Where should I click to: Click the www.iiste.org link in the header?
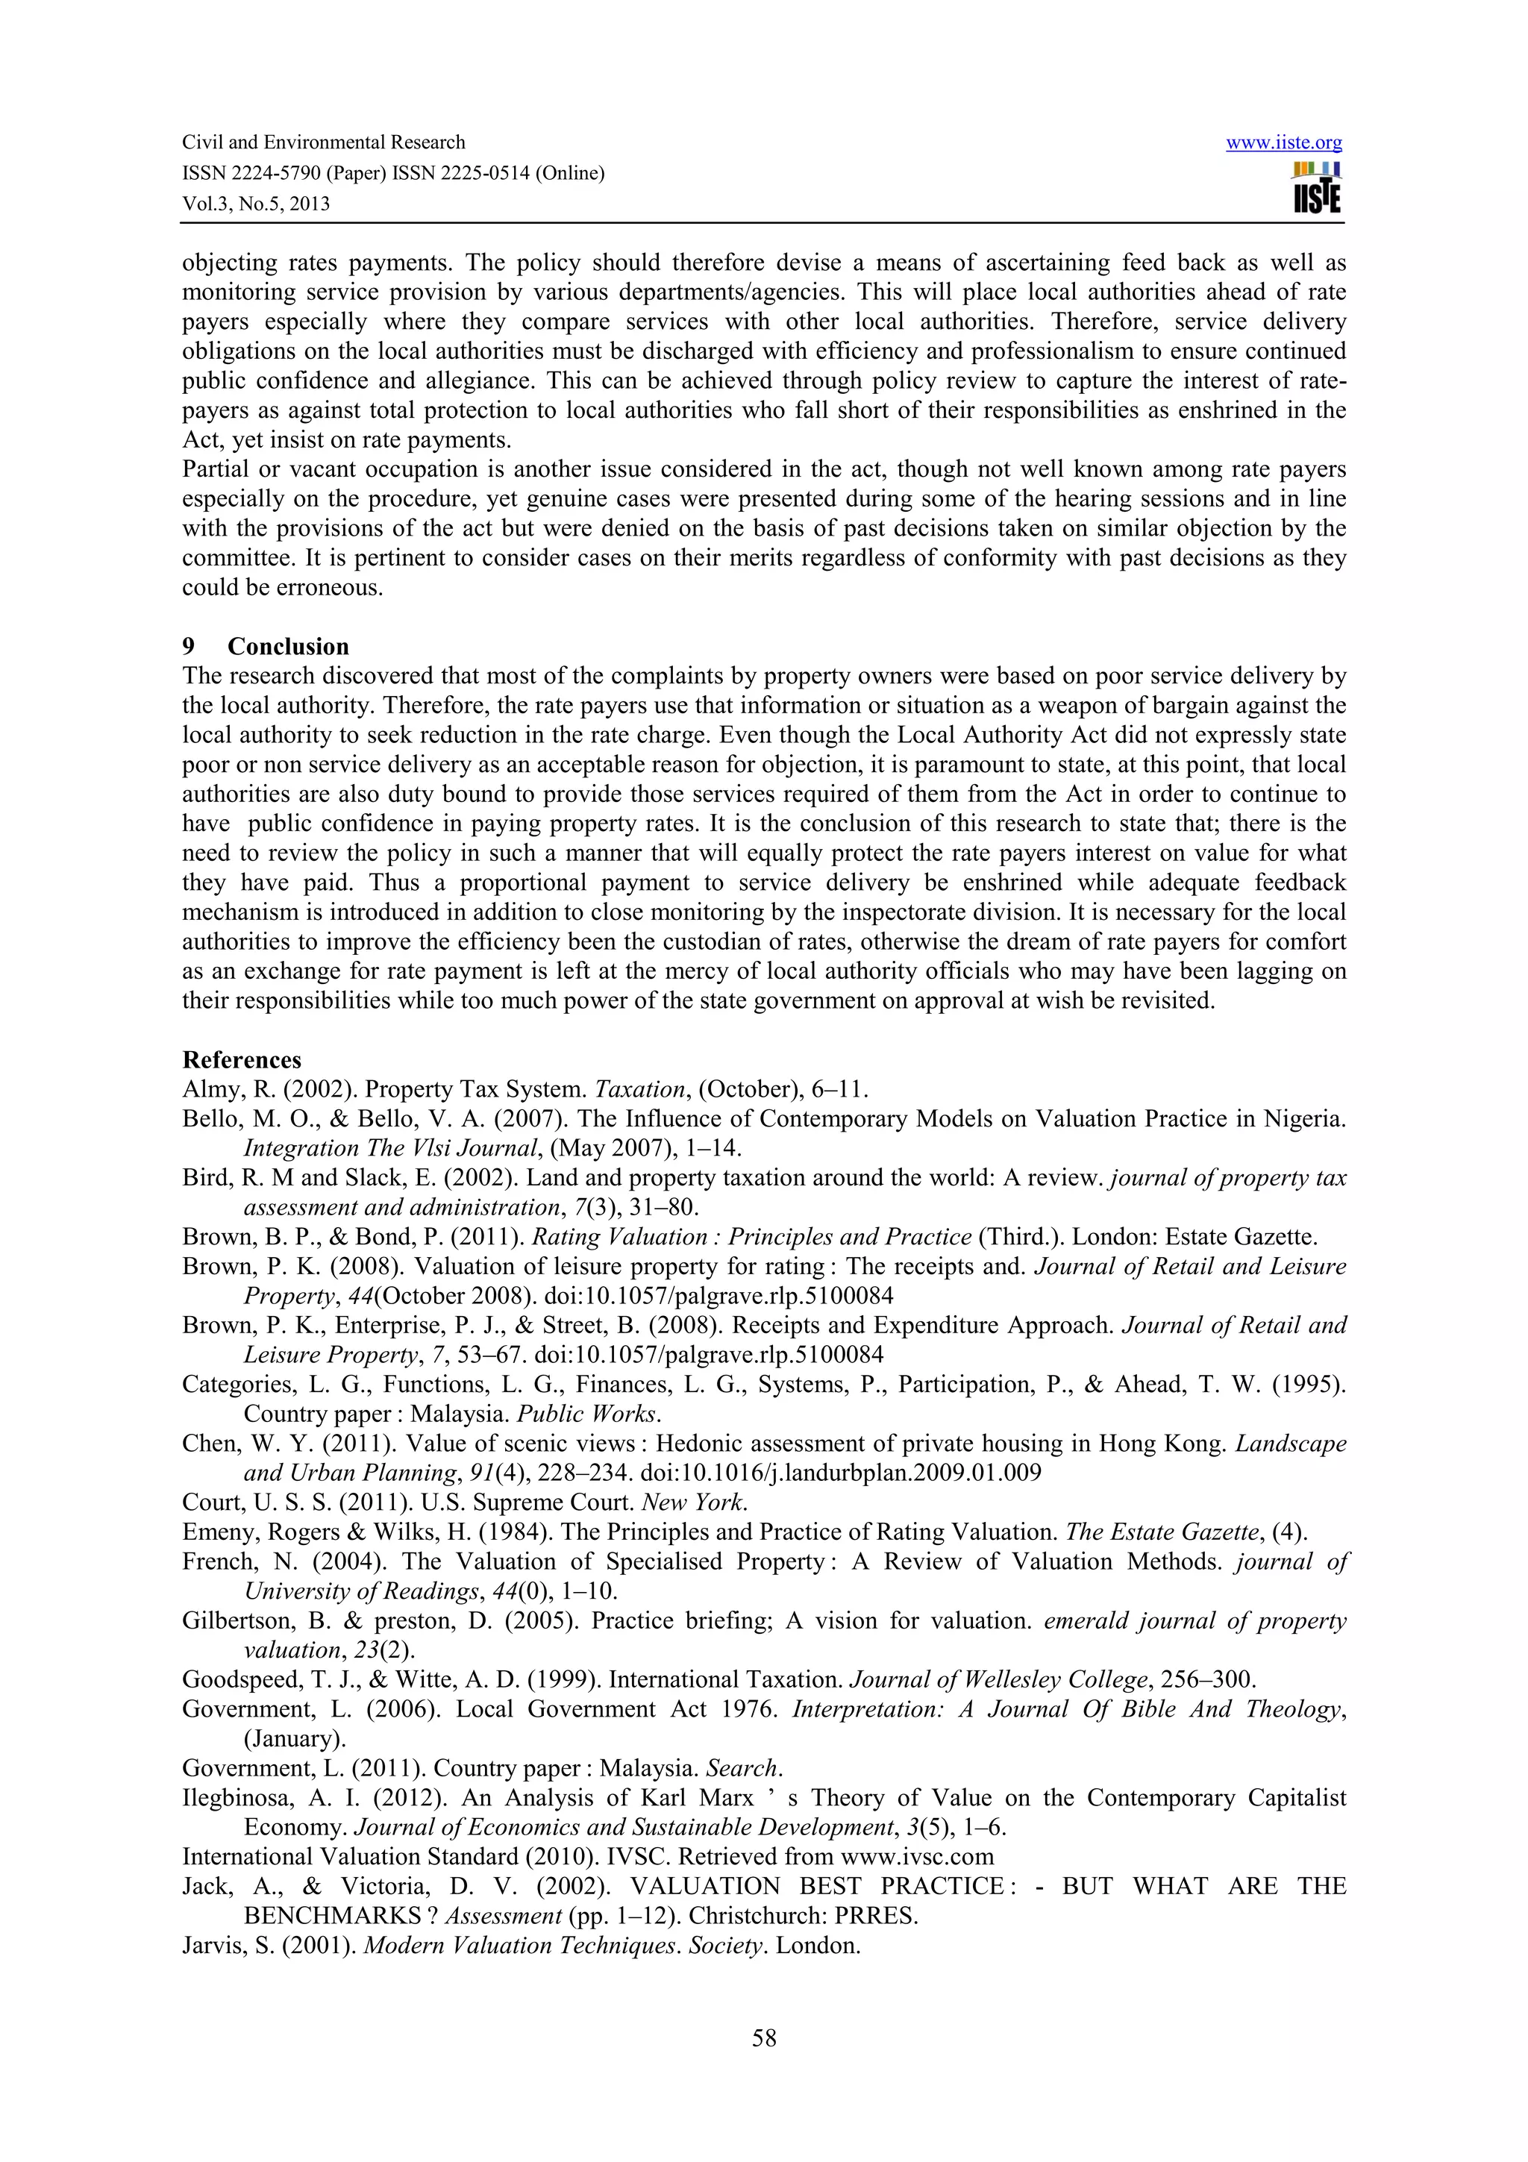(x=1283, y=143)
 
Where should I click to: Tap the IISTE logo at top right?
(x=1317, y=188)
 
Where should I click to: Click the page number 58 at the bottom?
(x=763, y=2039)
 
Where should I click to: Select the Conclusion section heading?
(x=288, y=647)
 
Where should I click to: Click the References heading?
(x=242, y=1060)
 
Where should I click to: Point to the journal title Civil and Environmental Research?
(x=323, y=143)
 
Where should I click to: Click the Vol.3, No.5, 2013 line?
(x=255, y=204)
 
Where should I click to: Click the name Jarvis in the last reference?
(x=208, y=1946)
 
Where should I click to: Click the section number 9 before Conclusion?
(x=188, y=647)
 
